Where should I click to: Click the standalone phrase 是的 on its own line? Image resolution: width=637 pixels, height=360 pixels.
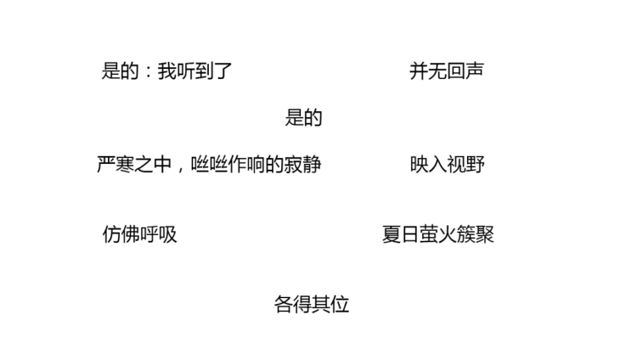tap(303, 118)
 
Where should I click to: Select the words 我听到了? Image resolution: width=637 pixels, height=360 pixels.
tap(195, 71)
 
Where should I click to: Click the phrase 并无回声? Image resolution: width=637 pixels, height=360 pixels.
tap(447, 71)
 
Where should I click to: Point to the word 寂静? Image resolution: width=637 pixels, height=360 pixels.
tap(303, 164)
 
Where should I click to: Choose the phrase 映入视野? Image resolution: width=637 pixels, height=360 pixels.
tap(447, 164)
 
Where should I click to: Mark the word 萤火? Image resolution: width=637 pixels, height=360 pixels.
tap(437, 234)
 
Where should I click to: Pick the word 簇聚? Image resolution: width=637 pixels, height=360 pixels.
tap(476, 234)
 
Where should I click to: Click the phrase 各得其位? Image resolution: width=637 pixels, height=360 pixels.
tap(312, 304)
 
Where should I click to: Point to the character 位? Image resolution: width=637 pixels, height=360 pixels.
tap(340, 304)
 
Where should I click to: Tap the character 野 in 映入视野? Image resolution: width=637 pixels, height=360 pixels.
tap(475, 164)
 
